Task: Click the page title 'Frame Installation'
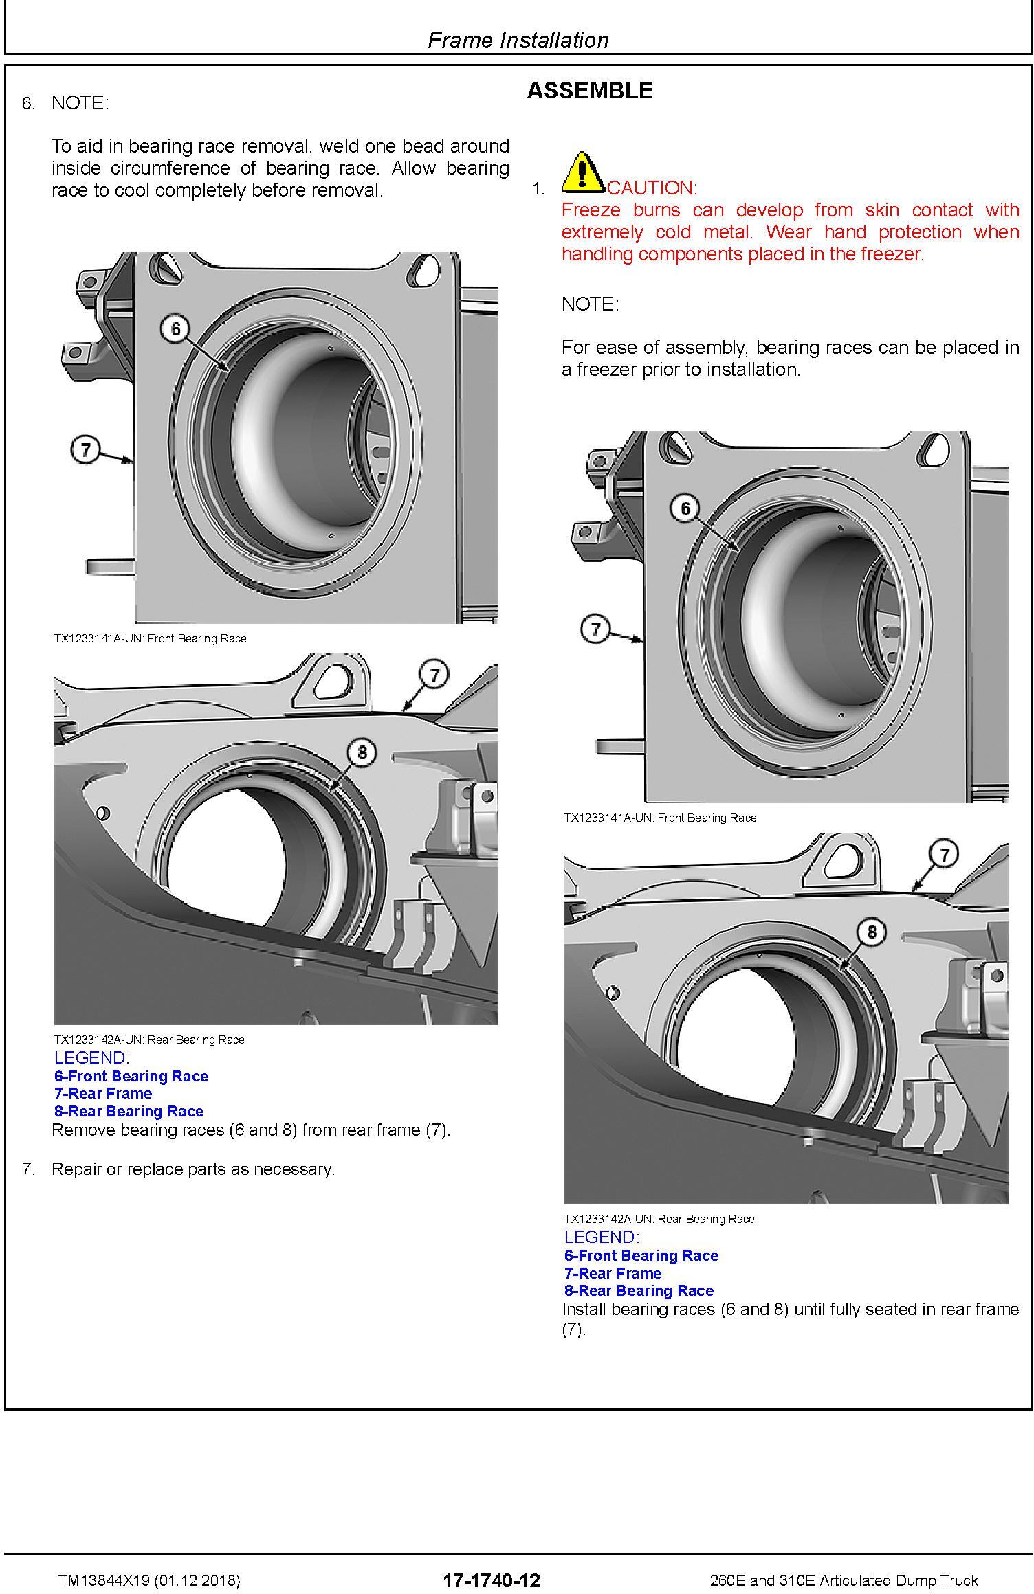click(x=518, y=41)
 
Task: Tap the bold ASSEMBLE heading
click(x=590, y=91)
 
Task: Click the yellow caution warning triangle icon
click(x=582, y=172)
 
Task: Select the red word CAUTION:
click(x=652, y=188)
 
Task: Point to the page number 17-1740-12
click(x=492, y=1580)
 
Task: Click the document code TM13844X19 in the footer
click(x=104, y=1580)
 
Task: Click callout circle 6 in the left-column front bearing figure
click(x=175, y=329)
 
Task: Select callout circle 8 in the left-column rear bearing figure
click(x=362, y=752)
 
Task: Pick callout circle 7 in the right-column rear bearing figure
click(x=945, y=854)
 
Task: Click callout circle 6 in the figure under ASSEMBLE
click(x=685, y=508)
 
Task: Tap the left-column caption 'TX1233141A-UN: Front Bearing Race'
click(x=150, y=638)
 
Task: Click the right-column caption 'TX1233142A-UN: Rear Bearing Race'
click(x=659, y=1219)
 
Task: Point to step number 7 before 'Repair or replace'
click(x=28, y=1169)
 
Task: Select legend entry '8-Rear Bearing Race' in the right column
click(x=639, y=1290)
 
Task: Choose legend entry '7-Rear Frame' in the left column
click(x=103, y=1093)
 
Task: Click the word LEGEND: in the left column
click(x=91, y=1057)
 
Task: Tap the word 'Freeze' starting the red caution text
click(x=591, y=210)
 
